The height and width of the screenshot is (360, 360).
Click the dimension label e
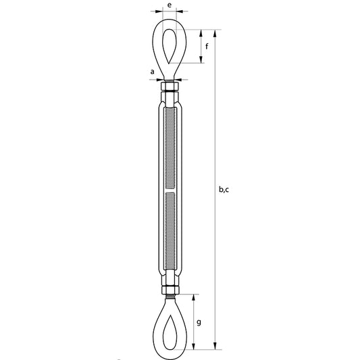click(x=169, y=5)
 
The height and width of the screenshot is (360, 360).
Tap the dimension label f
click(x=207, y=47)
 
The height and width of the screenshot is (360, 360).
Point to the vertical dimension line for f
click(x=201, y=47)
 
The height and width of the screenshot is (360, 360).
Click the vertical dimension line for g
click(x=195, y=323)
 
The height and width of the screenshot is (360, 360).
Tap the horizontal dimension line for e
click(x=169, y=11)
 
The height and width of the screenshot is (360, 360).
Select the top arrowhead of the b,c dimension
click(x=216, y=31)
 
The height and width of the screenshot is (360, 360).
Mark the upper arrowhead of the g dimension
click(x=195, y=296)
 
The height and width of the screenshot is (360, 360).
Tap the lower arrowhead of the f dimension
click(x=201, y=62)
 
